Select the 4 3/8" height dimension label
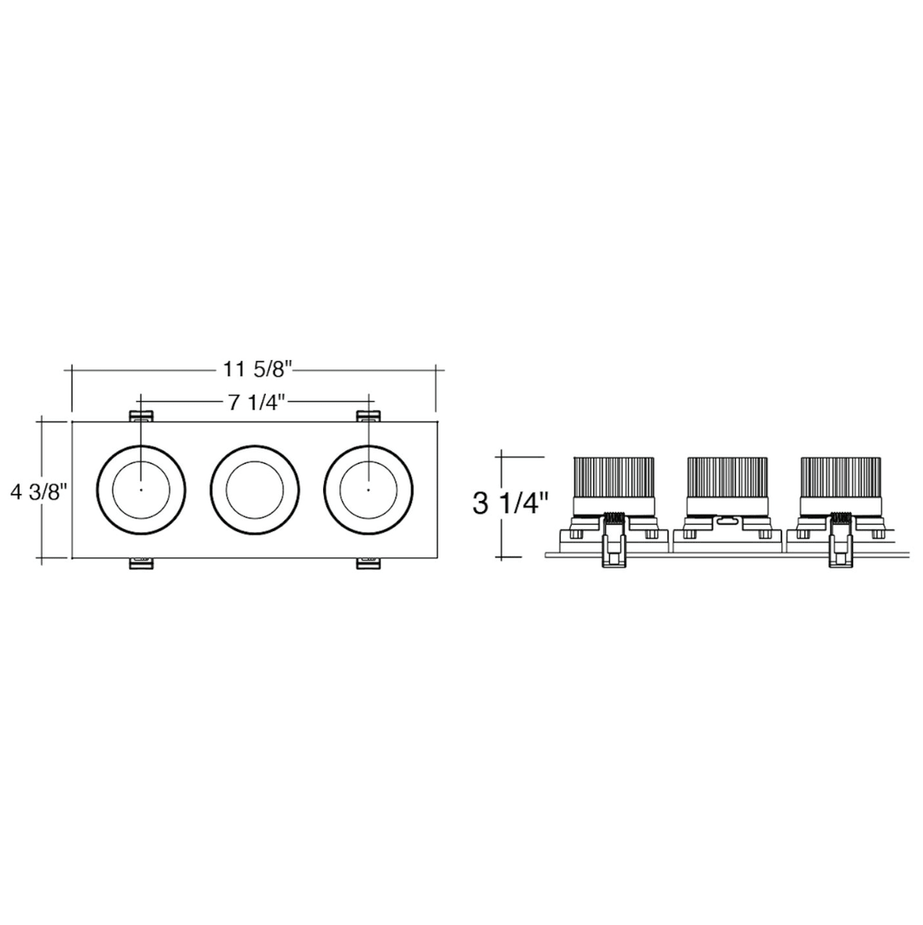pyautogui.click(x=38, y=492)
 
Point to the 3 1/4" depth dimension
pyautogui.click(x=510, y=503)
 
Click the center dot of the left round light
pyautogui.click(x=141, y=490)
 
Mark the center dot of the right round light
pyautogui.click(x=368, y=490)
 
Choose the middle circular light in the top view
pyautogui.click(x=255, y=490)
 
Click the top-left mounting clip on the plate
pyautogui.click(x=141, y=416)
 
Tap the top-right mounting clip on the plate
pyautogui.click(x=368, y=416)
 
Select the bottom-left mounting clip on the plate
pyautogui.click(x=141, y=563)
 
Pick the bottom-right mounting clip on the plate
pyautogui.click(x=368, y=563)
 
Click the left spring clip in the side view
pyautogui.click(x=613, y=540)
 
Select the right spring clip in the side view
pyautogui.click(x=839, y=540)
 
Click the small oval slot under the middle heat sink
pyautogui.click(x=727, y=519)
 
